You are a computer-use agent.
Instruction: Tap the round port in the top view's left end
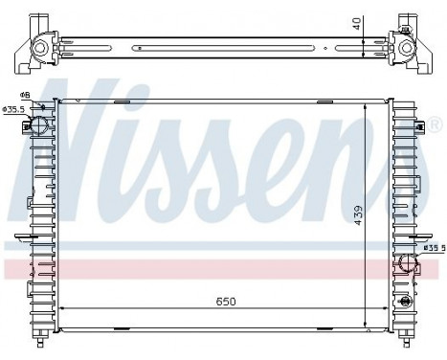tap(40, 46)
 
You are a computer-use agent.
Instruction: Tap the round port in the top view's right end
tap(405, 46)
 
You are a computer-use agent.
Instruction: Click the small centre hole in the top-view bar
tap(223, 45)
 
